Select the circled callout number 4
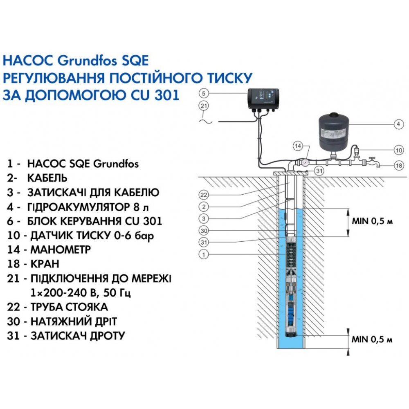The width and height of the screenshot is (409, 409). tap(396, 125)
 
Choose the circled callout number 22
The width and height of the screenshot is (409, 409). tap(205, 194)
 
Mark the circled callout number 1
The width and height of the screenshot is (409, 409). tap(205, 254)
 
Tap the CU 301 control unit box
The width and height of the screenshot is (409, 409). tap(263, 99)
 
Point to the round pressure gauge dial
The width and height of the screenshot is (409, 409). tap(305, 162)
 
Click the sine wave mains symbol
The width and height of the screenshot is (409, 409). tap(205, 120)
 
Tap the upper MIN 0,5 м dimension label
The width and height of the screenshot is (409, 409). tap(372, 222)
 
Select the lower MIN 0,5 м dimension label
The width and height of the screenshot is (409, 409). tap(372, 340)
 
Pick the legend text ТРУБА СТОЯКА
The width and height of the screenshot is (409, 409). tap(67, 307)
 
